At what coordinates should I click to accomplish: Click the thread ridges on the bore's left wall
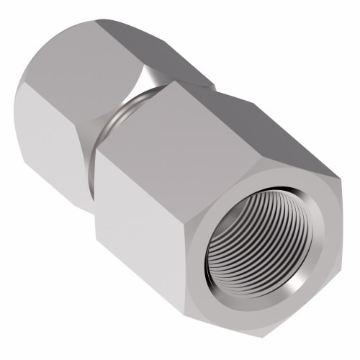pyautogui.click(x=220, y=248)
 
